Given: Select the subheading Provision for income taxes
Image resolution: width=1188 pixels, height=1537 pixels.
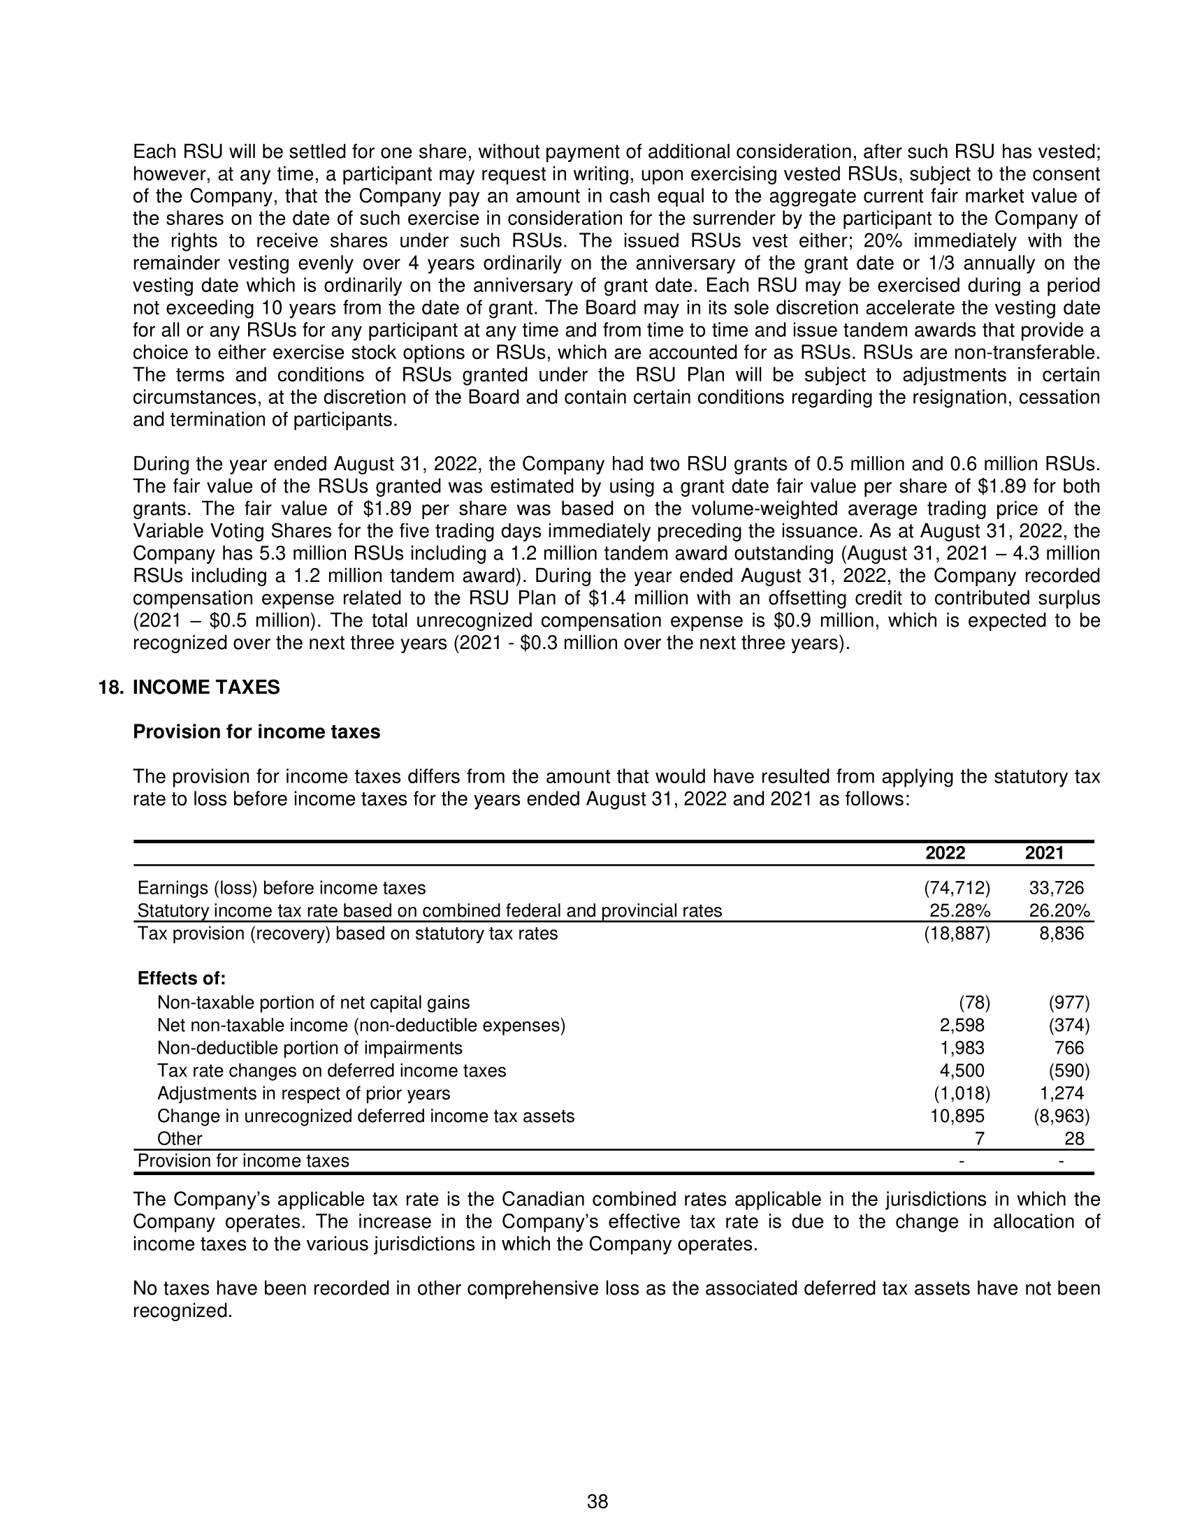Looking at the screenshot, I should pos(256,732).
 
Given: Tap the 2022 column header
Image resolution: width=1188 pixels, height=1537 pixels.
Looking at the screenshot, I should pos(945,853).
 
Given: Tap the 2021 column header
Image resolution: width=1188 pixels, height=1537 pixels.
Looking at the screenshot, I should pos(1044,853).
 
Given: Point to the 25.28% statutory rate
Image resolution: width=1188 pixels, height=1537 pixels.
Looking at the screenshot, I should pos(959,910).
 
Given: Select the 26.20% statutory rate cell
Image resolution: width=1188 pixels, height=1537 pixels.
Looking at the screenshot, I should pos(1059,910).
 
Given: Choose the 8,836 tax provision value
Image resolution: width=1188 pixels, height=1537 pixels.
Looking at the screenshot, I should pos(1062,933).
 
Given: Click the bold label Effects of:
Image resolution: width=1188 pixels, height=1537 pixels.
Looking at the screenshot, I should pos(182,979).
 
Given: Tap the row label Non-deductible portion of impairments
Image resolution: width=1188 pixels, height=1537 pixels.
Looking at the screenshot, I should pos(310,1048).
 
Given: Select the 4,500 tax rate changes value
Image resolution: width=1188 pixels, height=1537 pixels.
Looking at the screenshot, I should pos(962,1070).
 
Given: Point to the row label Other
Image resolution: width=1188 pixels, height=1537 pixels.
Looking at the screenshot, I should pos(180,1139).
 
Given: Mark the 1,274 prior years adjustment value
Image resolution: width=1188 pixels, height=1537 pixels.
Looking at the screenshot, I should pos(1062,1093).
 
